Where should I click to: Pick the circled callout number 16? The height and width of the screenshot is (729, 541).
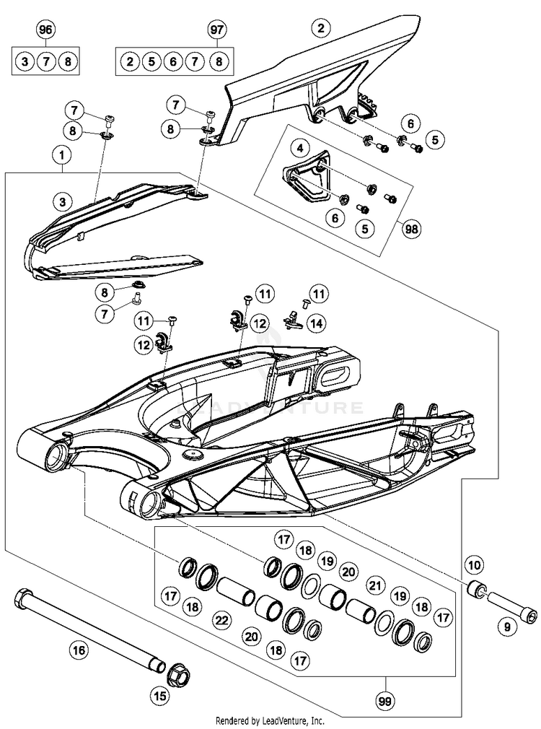pyautogui.click(x=79, y=650)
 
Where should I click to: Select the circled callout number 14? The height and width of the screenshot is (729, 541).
pyautogui.click(x=315, y=324)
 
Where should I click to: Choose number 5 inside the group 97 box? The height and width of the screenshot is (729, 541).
pyautogui.click(x=151, y=61)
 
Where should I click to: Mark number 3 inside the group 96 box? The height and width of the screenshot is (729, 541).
pyautogui.click(x=25, y=61)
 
